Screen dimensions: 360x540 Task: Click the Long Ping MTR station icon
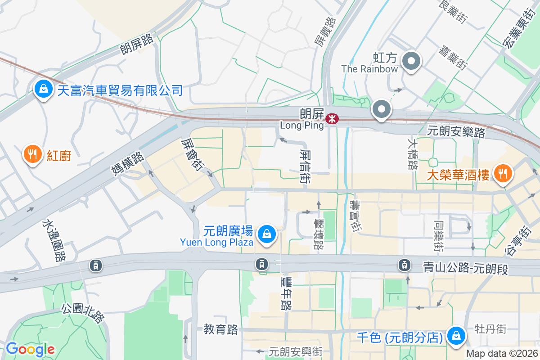[332, 118]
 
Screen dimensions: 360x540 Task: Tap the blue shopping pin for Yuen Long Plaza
[267, 234]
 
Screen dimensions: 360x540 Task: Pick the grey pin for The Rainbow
[411, 62]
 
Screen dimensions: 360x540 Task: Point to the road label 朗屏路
[137, 43]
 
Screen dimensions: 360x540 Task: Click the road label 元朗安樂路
[456, 132]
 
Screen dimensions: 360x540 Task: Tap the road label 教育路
[220, 329]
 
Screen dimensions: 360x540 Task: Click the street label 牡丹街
[490, 329]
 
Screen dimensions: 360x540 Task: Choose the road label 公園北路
[83, 313]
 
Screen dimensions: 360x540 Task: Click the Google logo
[30, 349]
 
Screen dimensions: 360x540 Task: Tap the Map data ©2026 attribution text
[502, 354]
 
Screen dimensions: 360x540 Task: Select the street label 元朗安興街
[296, 351]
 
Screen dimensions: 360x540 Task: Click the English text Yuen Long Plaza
[216, 242]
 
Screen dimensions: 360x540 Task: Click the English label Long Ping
[301, 126]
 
